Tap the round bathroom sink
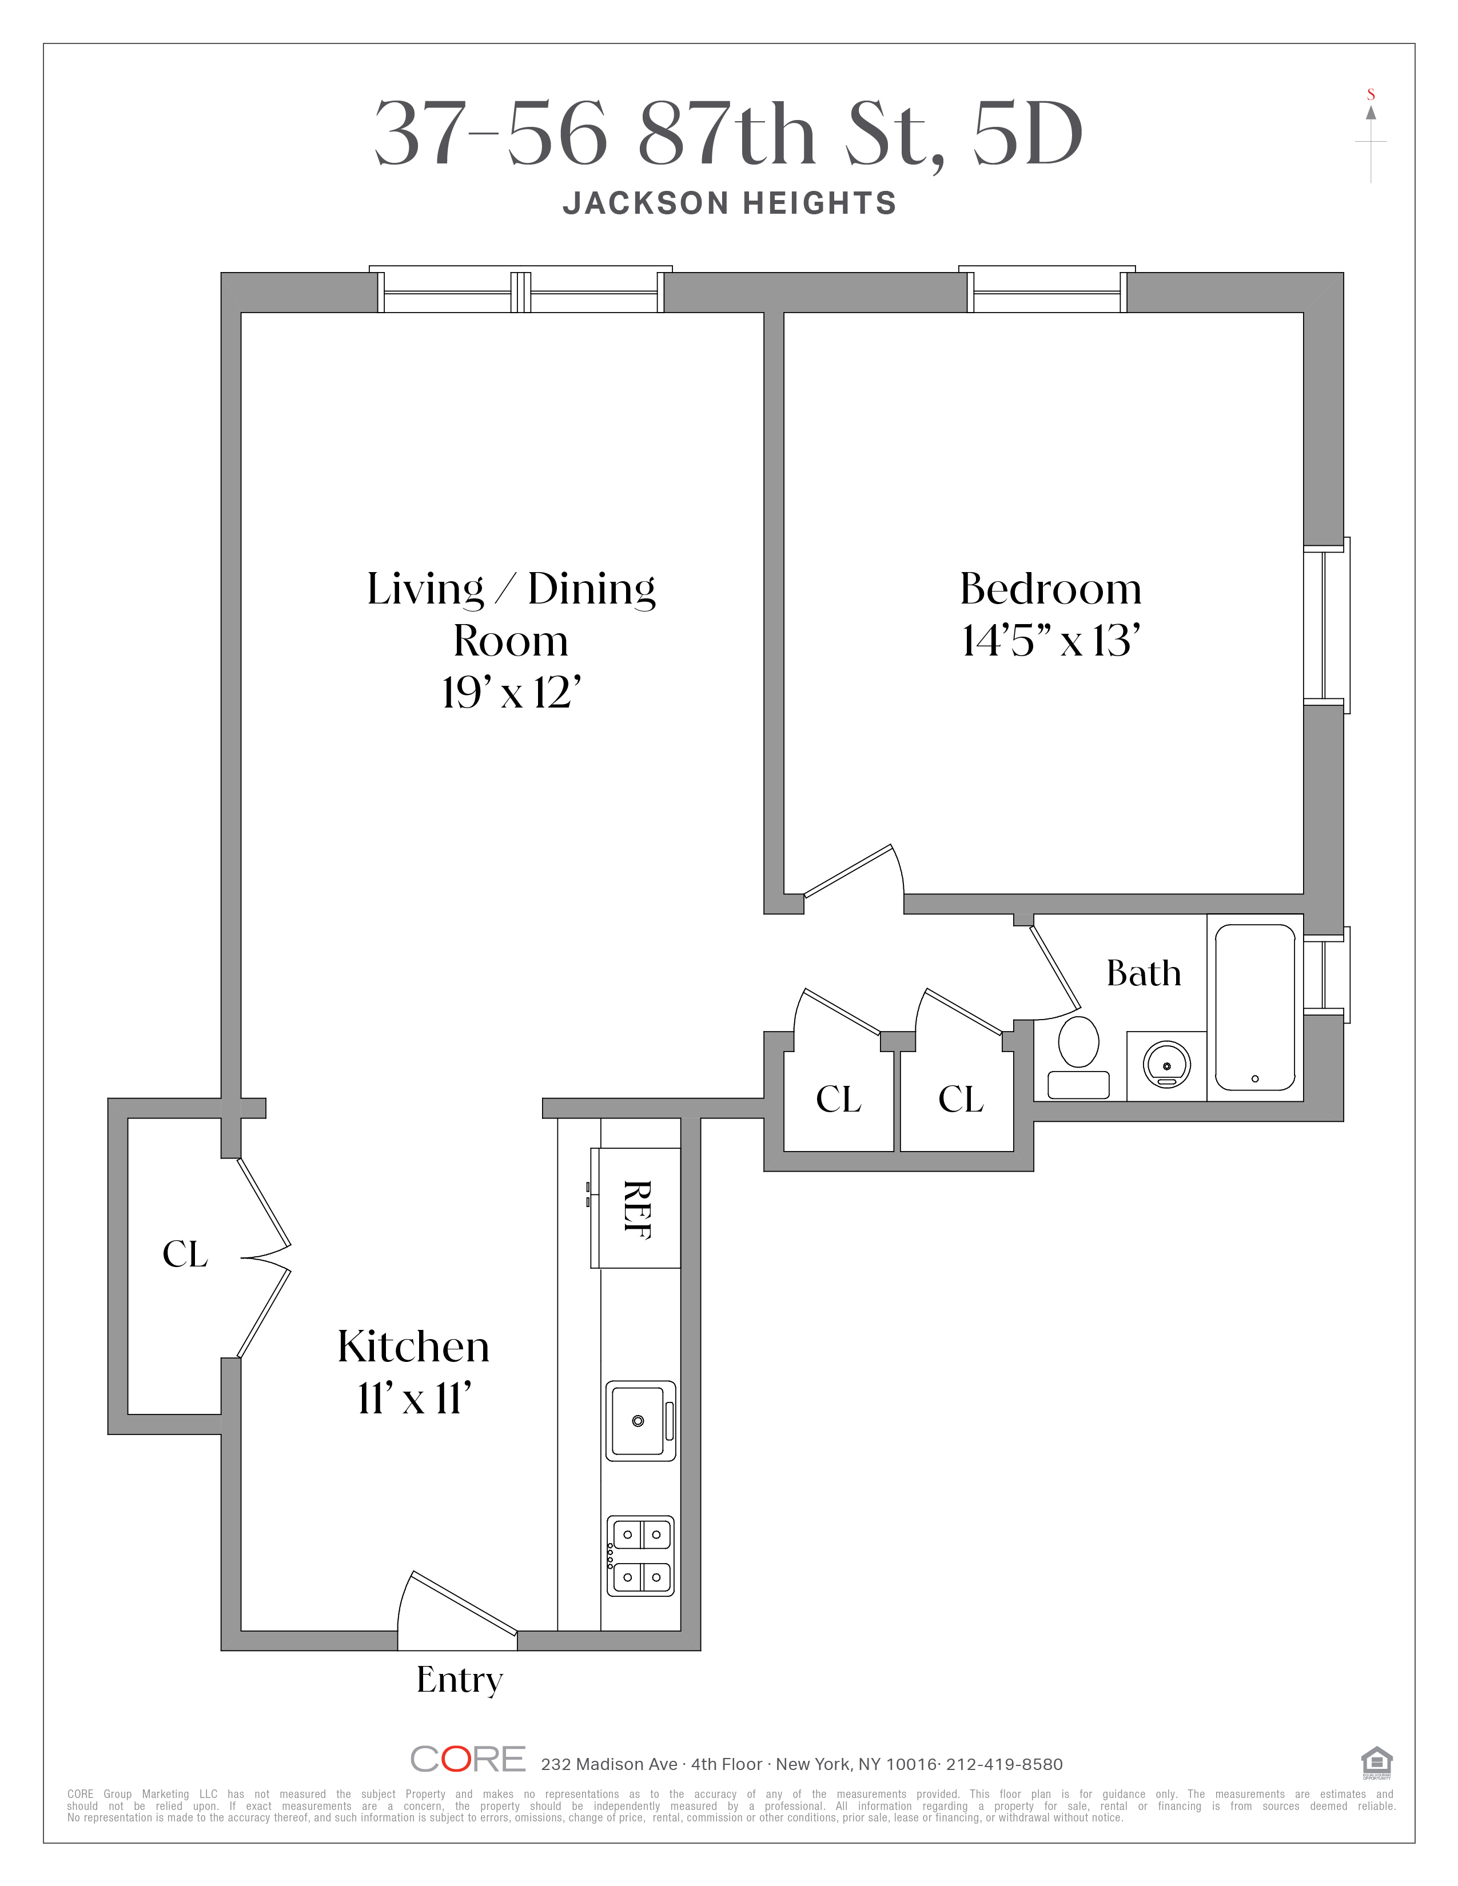point(1166,1063)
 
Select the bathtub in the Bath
point(1255,1008)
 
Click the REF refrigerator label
point(638,1209)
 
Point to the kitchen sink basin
point(638,1421)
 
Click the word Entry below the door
point(460,1680)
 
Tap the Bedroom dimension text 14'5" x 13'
point(1050,642)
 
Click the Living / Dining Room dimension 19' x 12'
point(511,693)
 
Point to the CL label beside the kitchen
point(185,1254)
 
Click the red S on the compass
point(1371,95)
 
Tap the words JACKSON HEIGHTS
point(730,203)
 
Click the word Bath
point(1144,973)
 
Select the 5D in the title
point(1028,134)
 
